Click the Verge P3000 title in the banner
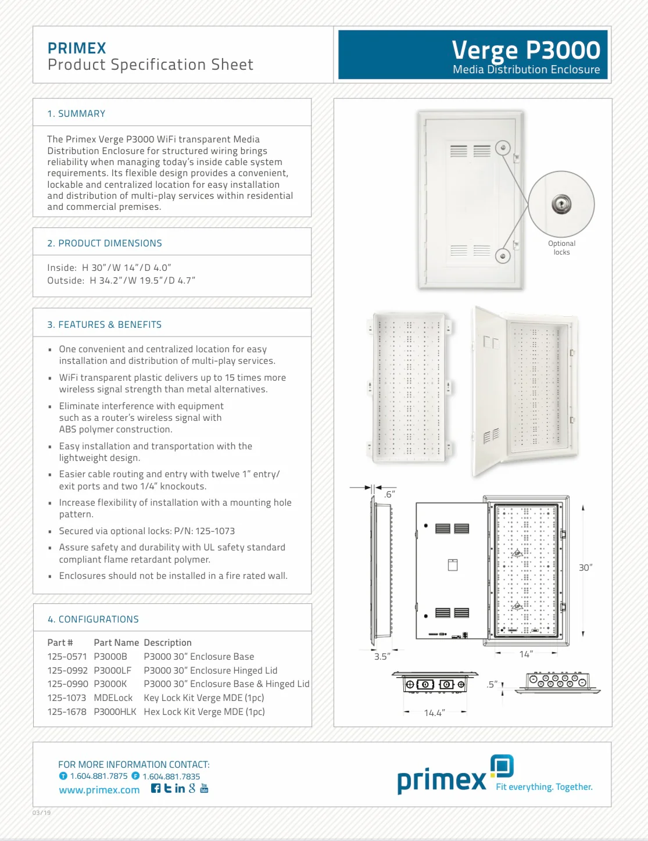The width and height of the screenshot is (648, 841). tap(525, 51)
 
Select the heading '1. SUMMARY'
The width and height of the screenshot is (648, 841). tap(76, 114)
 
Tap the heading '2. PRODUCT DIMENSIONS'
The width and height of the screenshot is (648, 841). tap(105, 244)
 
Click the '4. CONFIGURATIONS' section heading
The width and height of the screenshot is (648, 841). tap(93, 620)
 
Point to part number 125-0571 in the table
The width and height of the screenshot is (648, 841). tap(67, 657)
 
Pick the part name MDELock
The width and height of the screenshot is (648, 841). tap(113, 698)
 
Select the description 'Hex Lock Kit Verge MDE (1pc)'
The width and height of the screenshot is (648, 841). tap(204, 712)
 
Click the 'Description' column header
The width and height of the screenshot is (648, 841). tap(167, 643)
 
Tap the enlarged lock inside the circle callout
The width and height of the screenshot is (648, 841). tap(561, 205)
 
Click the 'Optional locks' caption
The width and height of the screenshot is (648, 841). tap(561, 248)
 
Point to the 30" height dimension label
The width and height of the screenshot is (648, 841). tap(585, 568)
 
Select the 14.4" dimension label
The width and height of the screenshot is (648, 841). tap(434, 713)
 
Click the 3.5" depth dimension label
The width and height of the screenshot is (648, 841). tap(382, 657)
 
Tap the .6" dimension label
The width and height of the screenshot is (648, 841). tap(389, 495)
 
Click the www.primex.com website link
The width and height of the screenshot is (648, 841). tap(99, 790)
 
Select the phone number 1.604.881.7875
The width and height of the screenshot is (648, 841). tap(98, 776)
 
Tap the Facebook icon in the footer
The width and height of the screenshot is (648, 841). tap(156, 789)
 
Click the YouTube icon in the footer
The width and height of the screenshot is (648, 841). tap(204, 789)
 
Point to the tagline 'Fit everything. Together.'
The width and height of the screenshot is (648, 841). tap(544, 787)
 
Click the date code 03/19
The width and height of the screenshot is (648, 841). tap(41, 813)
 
